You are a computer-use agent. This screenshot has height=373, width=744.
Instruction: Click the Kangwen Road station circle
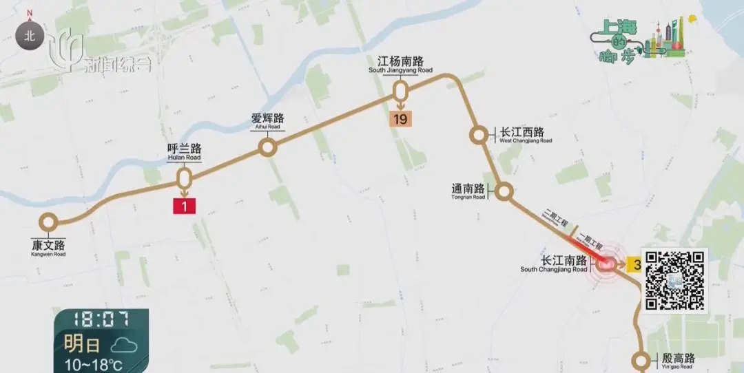click(48, 222)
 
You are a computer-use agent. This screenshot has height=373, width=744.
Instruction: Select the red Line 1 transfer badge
click(185, 206)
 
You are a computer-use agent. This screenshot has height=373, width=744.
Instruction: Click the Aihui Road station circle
click(267, 147)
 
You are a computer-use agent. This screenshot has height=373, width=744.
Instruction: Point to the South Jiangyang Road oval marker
click(400, 91)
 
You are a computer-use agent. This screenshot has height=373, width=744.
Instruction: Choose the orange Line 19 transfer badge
click(400, 119)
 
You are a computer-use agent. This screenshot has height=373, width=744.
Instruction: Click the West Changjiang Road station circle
click(477, 135)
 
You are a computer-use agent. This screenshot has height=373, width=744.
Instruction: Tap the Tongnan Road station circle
click(504, 192)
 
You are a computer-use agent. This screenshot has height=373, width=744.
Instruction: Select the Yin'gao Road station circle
click(641, 360)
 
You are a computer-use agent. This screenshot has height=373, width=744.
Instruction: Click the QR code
click(674, 280)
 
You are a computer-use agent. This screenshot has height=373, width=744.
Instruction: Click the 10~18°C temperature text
click(94, 364)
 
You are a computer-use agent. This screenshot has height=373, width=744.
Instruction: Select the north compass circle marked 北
click(30, 36)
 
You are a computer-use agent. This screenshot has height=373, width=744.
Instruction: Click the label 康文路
click(48, 245)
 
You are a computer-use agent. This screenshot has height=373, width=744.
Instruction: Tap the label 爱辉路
click(267, 118)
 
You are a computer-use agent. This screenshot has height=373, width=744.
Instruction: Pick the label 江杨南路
click(400, 61)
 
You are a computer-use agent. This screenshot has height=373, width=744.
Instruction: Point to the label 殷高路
click(679, 359)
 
